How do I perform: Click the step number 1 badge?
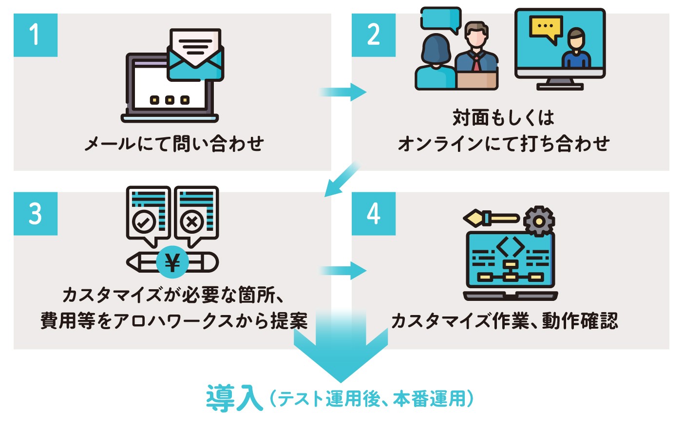pyautogui.click(x=35, y=35)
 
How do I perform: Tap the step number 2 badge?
pyautogui.click(x=373, y=35)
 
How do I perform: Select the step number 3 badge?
pyautogui.click(x=35, y=214)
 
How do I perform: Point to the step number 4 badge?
pyautogui.click(x=373, y=214)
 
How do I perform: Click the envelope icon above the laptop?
pyautogui.click(x=195, y=55)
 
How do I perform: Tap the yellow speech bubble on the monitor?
pyautogui.click(x=546, y=28)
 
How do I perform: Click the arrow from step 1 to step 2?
pyautogui.click(x=343, y=92)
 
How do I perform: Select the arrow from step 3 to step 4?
pyautogui.click(x=343, y=271)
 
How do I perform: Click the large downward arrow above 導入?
pyautogui.click(x=341, y=351)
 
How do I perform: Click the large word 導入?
pyautogui.click(x=234, y=398)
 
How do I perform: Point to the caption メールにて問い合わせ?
pyautogui.click(x=174, y=144)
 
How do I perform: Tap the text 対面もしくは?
pyautogui.click(x=503, y=118)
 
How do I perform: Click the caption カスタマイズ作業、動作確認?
pyautogui.click(x=504, y=321)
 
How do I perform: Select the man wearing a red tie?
pyautogui.click(x=476, y=54)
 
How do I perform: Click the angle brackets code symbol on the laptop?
pyautogui.click(x=510, y=247)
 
